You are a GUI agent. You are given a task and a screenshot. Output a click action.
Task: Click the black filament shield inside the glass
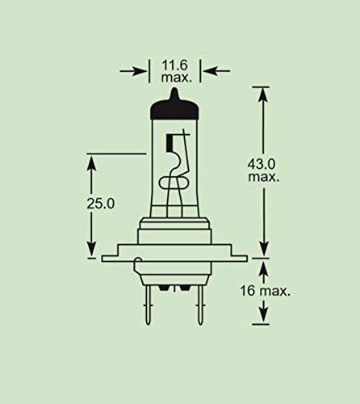[x=170, y=146]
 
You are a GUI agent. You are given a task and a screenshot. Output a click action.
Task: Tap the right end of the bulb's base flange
[x=245, y=259]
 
